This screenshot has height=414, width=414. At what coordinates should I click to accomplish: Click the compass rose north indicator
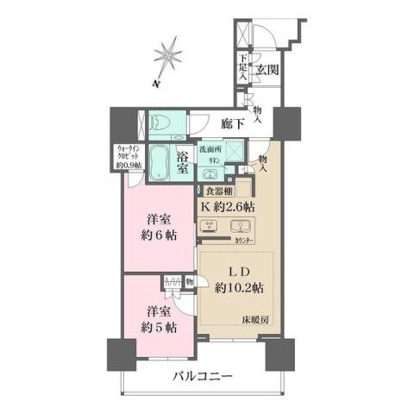pos(167,57)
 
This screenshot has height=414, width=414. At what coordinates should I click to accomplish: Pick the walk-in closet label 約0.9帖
pos(126,160)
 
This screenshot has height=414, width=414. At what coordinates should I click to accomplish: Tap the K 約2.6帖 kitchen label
pos(228,208)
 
